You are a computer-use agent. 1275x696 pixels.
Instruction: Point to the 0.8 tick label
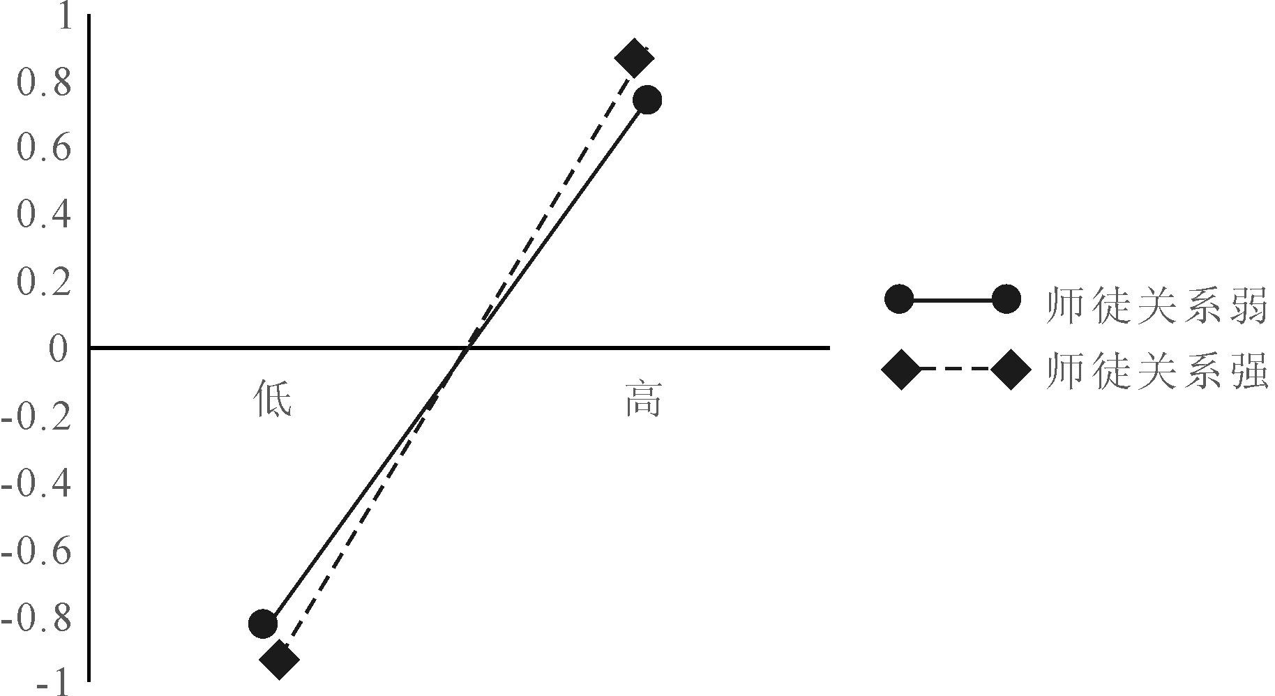(x=44, y=83)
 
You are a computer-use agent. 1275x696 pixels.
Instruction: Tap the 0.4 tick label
(x=44, y=214)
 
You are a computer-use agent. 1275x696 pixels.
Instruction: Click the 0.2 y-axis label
(x=44, y=280)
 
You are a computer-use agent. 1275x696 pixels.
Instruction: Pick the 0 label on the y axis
(x=61, y=347)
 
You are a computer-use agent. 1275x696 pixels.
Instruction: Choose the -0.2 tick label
(x=37, y=418)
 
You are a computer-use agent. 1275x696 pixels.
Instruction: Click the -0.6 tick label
(x=37, y=550)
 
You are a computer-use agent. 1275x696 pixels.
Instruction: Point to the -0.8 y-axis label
(x=37, y=617)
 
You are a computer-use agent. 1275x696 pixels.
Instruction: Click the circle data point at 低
(x=263, y=623)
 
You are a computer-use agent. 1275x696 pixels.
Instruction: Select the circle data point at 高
(x=647, y=100)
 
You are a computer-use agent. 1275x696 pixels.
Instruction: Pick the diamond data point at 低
(x=279, y=659)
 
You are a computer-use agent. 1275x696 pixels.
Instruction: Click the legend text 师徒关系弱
(x=1156, y=305)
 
